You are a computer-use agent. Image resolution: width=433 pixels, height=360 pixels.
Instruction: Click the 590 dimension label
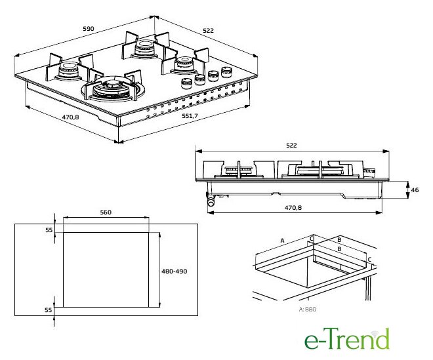pos(89,28)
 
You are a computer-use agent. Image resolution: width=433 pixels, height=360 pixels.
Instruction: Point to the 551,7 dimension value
pos(190,116)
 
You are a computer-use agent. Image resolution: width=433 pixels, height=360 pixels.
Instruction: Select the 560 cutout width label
pos(106,212)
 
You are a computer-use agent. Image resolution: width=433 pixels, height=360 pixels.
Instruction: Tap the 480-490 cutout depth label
pos(175,271)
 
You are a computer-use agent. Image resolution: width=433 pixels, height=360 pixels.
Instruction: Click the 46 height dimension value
pos(415,190)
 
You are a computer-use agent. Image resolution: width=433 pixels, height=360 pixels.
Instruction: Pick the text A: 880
pos(307,310)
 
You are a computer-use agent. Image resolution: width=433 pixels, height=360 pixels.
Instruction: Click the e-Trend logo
pos(347,339)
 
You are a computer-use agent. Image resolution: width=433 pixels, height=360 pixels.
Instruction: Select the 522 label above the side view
pos(291,146)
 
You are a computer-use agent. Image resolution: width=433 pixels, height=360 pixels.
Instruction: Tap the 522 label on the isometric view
pos(208,30)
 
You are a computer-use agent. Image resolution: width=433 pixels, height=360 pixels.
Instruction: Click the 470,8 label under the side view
pos(293,208)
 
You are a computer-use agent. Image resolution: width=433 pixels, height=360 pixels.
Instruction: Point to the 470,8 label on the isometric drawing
pos(70,117)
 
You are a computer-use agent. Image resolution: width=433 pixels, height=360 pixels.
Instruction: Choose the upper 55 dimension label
pos(49,230)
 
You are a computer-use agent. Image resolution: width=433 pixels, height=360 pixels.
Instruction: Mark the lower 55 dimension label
pos(49,310)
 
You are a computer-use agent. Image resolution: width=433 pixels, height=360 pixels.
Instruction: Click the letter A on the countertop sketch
pos(282,241)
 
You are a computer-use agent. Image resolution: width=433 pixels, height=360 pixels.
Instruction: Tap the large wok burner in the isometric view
pos(113,89)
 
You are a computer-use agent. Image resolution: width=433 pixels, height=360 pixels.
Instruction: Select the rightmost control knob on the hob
pos(227,71)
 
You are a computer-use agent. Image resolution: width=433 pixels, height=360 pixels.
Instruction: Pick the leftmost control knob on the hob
pos(187,83)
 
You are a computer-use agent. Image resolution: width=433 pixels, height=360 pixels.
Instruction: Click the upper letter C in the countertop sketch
pos(312,238)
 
